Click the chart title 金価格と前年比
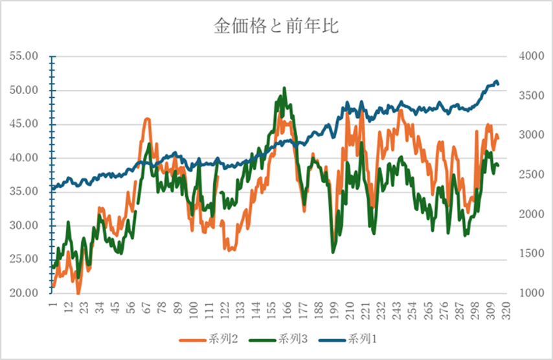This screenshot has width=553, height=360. coord(276,27)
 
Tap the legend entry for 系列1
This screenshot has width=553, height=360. coord(358,339)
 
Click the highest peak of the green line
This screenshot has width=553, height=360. coord(284,88)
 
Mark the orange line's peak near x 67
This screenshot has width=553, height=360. coord(148,118)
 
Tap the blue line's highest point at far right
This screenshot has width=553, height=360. coord(496,81)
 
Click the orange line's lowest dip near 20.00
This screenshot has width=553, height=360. coord(78,293)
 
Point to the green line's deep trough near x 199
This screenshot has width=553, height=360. coord(333,251)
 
